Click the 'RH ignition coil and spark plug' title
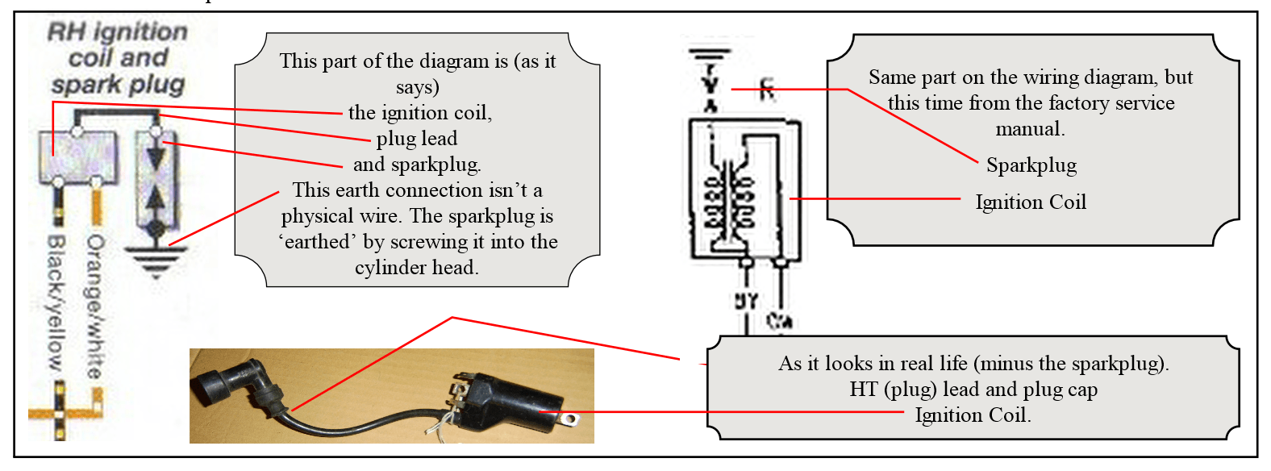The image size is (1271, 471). (118, 58)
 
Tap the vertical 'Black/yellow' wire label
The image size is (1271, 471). (55, 302)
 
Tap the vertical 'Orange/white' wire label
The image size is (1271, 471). (95, 306)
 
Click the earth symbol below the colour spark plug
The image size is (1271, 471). (156, 261)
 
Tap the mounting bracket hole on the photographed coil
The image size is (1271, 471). (571, 419)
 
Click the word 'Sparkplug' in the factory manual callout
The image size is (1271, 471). (1031, 165)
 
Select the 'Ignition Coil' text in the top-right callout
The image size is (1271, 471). (1031, 202)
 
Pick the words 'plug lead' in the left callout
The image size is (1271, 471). (417, 139)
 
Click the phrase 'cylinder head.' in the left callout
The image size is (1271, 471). (417, 268)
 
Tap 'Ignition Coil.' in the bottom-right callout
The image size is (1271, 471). (973, 415)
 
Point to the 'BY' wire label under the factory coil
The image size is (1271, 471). (746, 301)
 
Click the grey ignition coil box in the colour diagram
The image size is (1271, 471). (77, 157)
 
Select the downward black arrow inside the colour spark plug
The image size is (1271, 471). (156, 156)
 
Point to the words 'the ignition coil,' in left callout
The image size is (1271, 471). (420, 113)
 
